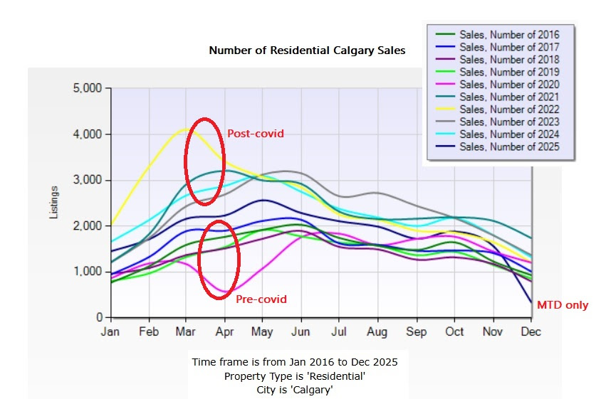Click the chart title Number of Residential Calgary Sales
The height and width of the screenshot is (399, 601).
click(x=307, y=51)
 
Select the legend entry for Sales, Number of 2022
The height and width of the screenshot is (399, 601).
click(x=509, y=110)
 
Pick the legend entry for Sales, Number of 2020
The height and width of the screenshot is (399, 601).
click(x=509, y=85)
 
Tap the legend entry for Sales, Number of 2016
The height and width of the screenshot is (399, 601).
click(x=509, y=35)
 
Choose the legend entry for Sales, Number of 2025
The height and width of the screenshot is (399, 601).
click(x=509, y=147)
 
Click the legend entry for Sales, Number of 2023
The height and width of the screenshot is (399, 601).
click(x=509, y=122)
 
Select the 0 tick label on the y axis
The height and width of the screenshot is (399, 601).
click(x=99, y=317)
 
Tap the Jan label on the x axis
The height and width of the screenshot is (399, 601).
click(x=110, y=332)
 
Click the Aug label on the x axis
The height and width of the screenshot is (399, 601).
click(x=377, y=332)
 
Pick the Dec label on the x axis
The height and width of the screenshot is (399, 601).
click(x=531, y=332)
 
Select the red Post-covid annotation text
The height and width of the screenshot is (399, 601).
click(x=256, y=133)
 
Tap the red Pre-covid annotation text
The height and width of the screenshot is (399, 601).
click(x=261, y=299)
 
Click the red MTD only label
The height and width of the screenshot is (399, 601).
click(x=563, y=305)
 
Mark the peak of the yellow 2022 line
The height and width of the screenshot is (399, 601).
click(x=186, y=129)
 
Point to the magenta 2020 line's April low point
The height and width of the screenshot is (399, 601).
click(x=224, y=292)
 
